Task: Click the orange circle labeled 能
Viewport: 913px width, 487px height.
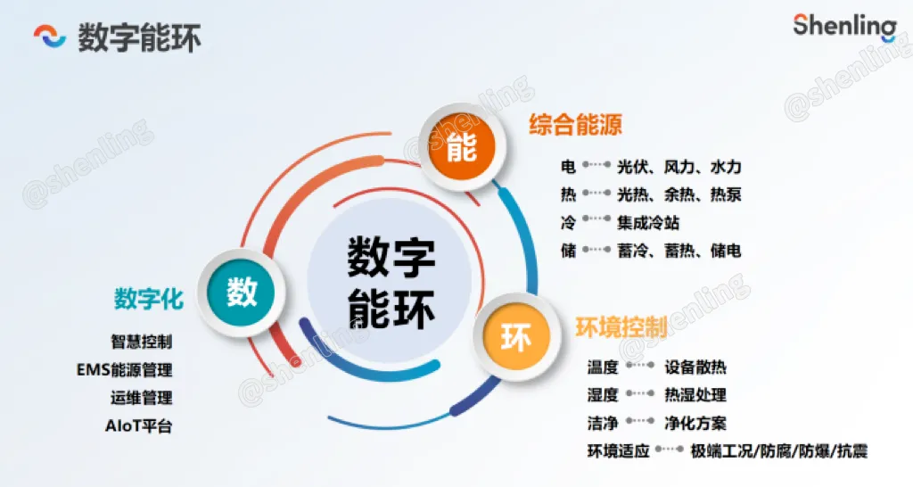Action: (462, 147)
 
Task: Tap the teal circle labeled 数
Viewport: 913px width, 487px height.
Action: (241, 292)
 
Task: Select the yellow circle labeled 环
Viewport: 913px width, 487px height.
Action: (516, 337)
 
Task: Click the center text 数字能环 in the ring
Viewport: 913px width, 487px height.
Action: (391, 283)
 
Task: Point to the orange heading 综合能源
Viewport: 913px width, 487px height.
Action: (575, 125)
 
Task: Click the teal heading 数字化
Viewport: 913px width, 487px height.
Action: (149, 299)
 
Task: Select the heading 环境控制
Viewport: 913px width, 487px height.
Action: (621, 327)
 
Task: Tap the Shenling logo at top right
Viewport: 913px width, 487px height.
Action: (845, 26)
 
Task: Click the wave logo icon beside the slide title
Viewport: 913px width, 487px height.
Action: (50, 36)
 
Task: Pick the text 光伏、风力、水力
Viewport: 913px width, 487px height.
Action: (679, 167)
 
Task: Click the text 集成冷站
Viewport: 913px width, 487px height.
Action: (648, 222)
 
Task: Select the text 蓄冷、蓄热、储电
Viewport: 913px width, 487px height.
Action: (679, 251)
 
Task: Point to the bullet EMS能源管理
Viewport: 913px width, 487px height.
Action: (125, 370)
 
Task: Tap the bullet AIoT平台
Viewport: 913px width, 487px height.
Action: (138, 425)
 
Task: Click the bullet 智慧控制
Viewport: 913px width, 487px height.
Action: (142, 342)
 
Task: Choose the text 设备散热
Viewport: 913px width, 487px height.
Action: (695, 367)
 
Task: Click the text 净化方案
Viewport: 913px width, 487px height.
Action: (695, 423)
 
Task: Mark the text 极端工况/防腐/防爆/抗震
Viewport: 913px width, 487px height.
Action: (779, 451)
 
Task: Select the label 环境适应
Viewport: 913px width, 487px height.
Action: (619, 451)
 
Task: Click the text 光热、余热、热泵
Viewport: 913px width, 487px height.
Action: (679, 194)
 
